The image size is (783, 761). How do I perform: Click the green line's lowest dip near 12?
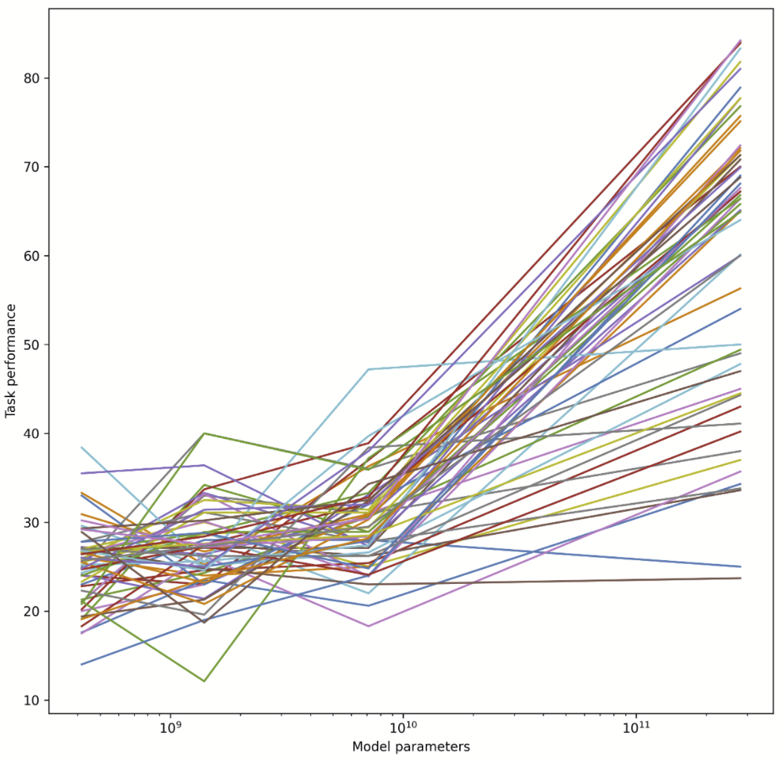click(204, 681)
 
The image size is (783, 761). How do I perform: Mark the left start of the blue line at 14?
click(81, 664)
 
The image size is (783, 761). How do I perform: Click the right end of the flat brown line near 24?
click(741, 578)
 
